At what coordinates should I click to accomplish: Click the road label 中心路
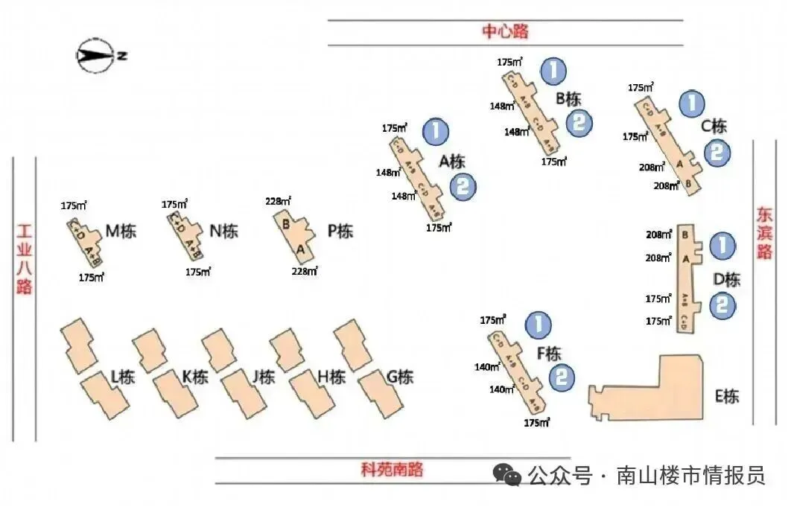click(x=505, y=31)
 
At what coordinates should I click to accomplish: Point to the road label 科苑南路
click(x=392, y=469)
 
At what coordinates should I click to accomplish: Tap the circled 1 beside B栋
click(x=553, y=71)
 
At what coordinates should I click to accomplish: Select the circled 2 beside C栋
click(x=717, y=153)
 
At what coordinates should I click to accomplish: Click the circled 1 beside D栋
click(x=722, y=245)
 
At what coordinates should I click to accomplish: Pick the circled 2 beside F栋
click(x=563, y=377)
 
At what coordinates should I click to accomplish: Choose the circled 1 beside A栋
click(x=436, y=131)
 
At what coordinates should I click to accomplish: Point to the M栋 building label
click(x=121, y=231)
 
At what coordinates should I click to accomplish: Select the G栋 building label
click(x=399, y=377)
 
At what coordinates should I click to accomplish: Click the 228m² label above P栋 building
click(x=278, y=201)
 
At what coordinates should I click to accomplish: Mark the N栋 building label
click(x=223, y=231)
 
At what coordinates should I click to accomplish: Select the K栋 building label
click(x=194, y=377)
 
